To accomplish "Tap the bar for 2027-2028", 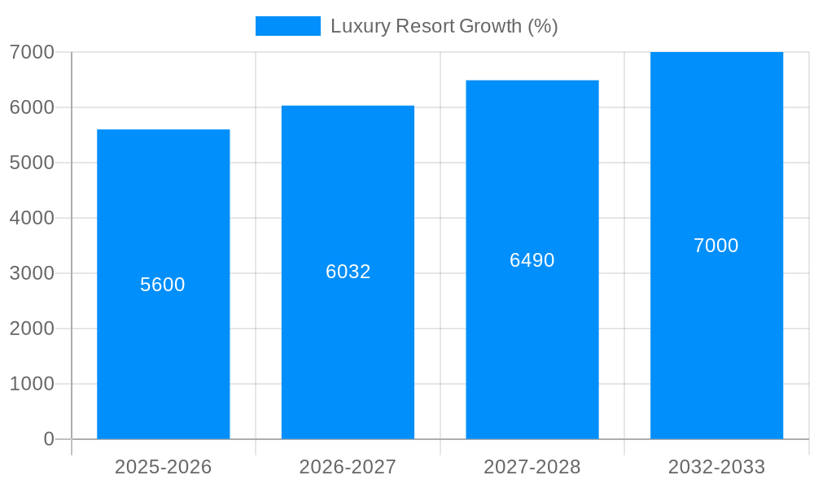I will tap(532, 342).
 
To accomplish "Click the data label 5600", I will tap(163, 285).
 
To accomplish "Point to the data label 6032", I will tap(348, 272).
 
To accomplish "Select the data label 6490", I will tap(532, 260).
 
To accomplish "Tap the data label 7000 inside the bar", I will tap(716, 246).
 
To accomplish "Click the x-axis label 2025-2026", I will tap(163, 467).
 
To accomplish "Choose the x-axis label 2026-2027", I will tap(348, 467).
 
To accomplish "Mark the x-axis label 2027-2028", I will tap(532, 467).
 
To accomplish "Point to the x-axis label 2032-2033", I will tap(716, 467).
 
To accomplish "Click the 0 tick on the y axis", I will tap(48, 439).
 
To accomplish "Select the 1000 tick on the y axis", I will tap(32, 384).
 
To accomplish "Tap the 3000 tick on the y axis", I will tap(32, 273).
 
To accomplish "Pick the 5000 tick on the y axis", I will tap(32, 163).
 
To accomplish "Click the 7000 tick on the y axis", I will tap(32, 52).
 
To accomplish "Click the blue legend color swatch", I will tap(288, 26).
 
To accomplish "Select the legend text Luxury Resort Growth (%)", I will tap(444, 26).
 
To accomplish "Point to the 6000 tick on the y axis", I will tap(32, 107).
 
